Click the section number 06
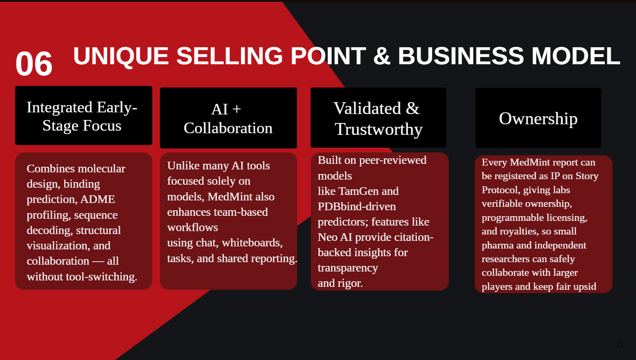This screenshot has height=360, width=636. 34,64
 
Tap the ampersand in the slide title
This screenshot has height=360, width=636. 382,56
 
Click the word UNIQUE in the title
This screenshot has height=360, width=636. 121,56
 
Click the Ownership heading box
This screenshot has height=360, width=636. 538,118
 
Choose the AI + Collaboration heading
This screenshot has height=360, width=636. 228,118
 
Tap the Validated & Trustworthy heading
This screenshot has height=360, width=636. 378,118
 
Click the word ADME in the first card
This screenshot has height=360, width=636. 97,199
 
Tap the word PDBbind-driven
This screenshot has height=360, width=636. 357,206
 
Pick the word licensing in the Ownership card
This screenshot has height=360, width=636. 566,217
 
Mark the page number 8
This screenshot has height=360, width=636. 620,343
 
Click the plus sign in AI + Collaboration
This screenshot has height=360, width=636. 237,109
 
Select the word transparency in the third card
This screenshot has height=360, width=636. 348,268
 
